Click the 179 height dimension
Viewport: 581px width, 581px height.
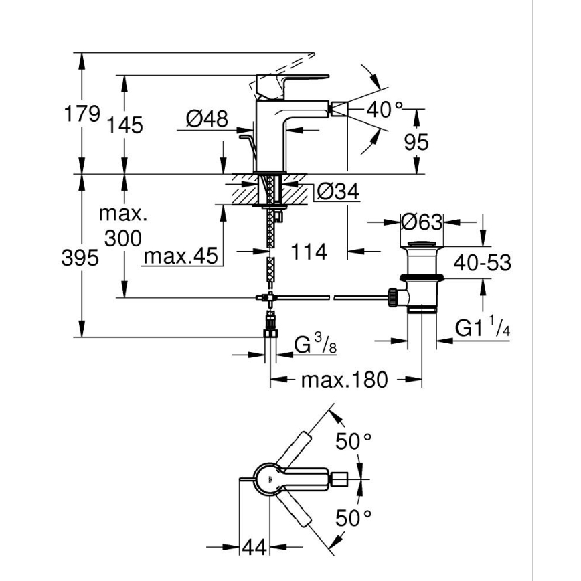point(82,114)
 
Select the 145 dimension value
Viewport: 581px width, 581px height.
point(123,124)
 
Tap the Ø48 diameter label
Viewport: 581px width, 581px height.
point(207,120)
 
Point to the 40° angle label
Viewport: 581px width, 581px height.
point(385,110)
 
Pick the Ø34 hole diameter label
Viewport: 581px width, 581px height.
point(338,192)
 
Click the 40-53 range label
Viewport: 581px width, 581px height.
point(483,262)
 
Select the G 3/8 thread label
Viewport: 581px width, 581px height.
point(315,346)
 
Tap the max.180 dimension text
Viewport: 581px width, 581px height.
point(344,380)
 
